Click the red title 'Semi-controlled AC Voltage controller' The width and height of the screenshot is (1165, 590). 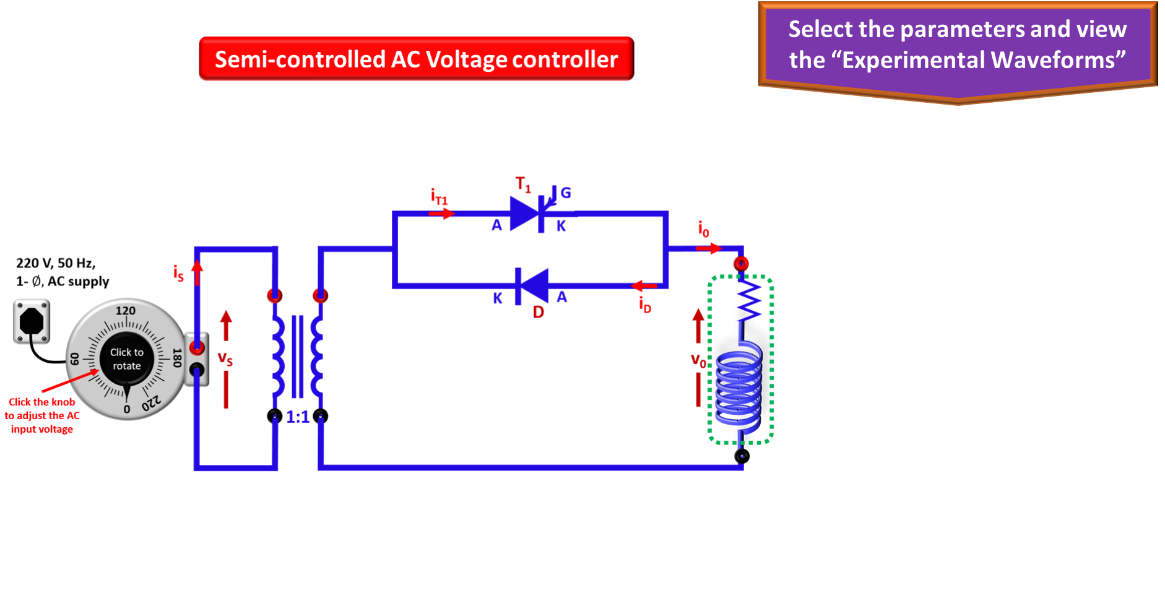click(416, 59)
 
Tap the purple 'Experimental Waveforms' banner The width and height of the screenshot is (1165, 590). click(958, 50)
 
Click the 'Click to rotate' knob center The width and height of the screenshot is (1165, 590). click(127, 359)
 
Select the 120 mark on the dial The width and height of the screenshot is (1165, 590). click(126, 311)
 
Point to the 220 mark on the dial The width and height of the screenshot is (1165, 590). click(151, 403)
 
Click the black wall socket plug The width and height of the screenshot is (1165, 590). click(32, 321)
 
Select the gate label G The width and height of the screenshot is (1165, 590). click(566, 193)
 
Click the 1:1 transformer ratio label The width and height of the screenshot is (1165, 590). click(298, 417)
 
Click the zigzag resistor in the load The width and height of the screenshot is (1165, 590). click(748, 302)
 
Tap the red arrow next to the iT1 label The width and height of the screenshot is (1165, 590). click(442, 214)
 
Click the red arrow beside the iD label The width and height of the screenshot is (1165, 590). click(644, 286)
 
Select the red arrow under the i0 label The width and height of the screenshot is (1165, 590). click(709, 248)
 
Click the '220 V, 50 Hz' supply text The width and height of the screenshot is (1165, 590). click(56, 263)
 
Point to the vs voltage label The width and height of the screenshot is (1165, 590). click(225, 358)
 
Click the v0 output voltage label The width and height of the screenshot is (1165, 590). click(698, 360)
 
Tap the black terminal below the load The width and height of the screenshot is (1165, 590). click(742, 456)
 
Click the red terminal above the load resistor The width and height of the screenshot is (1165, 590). click(741, 264)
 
